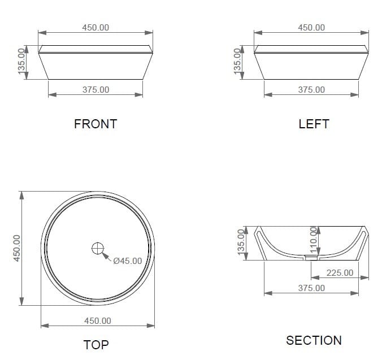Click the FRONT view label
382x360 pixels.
(95, 124)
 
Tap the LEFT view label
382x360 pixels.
(314, 124)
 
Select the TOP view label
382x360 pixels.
(96, 345)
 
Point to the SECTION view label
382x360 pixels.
(314, 341)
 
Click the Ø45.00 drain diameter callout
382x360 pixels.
(127, 261)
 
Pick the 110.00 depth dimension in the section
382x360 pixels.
(314, 240)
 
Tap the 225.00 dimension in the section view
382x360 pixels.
(340, 273)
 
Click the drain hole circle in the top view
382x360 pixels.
(98, 249)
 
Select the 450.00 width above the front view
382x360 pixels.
(95, 28)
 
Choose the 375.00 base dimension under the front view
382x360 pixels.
(95, 90)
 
